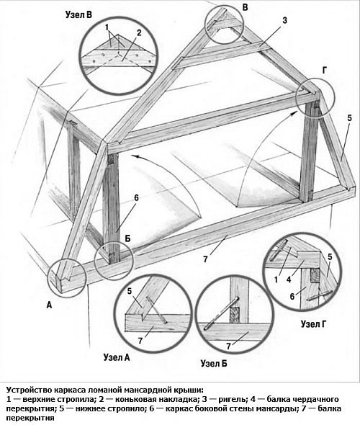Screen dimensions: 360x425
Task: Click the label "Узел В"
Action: point(78,15)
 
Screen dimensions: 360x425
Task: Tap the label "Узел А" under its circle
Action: point(117,357)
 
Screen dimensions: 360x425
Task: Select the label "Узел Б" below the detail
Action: point(214,363)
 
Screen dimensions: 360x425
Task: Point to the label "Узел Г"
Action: point(313,324)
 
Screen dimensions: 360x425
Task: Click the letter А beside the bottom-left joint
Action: point(49,305)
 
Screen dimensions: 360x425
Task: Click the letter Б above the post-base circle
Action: point(127,238)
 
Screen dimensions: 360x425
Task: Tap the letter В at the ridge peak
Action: point(245,7)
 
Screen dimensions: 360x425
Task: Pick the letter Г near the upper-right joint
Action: point(325,71)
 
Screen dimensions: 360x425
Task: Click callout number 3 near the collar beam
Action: point(284,20)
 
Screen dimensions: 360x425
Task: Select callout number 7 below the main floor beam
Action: point(205,259)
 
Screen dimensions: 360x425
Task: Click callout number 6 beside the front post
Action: point(136,198)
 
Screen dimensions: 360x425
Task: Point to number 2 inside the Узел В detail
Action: point(139,33)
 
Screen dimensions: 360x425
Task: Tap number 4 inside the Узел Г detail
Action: point(289,279)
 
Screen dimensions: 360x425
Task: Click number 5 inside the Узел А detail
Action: point(130,291)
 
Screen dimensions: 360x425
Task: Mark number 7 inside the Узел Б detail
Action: point(229,346)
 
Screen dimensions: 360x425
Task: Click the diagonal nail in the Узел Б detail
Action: point(221,314)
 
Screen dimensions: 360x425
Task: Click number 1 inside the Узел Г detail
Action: point(276,279)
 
